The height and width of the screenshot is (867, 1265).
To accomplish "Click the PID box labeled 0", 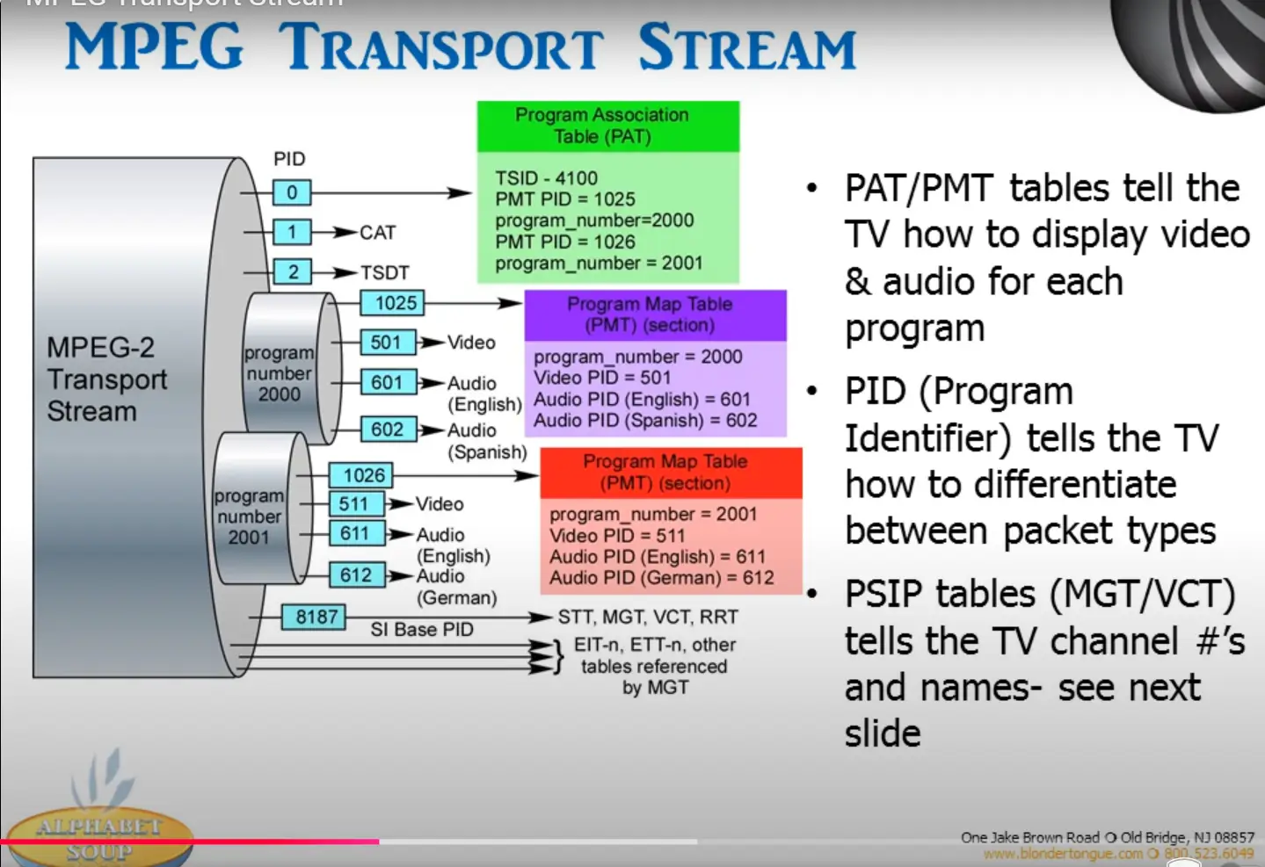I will pos(291,192).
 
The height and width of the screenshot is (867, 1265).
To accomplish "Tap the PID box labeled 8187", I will pos(315,617).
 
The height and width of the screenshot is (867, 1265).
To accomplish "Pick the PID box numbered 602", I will pos(388,430).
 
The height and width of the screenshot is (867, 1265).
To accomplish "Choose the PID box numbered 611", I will pos(355,533).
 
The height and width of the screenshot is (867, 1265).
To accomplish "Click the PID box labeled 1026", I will pos(362,475).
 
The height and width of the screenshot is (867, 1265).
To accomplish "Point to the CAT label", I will pos(378,233).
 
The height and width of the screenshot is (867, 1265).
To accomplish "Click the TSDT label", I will pos(385,273).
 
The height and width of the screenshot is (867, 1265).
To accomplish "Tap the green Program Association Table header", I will pos(607,126).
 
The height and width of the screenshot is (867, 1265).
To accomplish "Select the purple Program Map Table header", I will pos(655,314).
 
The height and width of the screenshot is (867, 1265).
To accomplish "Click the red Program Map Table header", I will pos(671,473).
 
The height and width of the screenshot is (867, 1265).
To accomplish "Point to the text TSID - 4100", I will pos(546,178).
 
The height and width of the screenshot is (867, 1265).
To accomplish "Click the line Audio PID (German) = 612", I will pos(662,578).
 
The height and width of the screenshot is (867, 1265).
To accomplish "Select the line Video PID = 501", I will pos(602,378).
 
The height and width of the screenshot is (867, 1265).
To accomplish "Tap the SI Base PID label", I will pos(422,630).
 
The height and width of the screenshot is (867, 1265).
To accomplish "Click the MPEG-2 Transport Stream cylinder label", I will pos(106,379).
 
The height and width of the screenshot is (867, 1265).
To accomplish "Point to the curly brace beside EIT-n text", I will pos(556,656).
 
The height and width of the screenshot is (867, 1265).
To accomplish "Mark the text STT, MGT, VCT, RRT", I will pos(648,618).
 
